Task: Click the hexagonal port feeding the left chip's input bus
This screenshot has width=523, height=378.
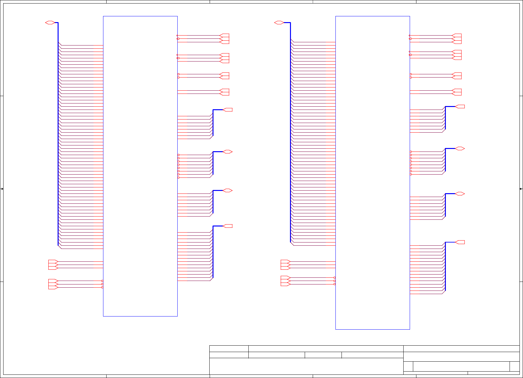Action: tap(50, 22)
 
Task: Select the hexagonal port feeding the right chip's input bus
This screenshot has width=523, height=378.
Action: tap(279, 22)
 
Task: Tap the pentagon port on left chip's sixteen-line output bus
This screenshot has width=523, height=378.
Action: tap(228, 226)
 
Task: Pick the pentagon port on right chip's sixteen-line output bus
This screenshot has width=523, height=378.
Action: tap(460, 242)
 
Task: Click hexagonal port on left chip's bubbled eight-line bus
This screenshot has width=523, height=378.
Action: tap(228, 152)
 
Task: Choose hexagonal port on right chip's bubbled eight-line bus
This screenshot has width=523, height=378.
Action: tap(460, 149)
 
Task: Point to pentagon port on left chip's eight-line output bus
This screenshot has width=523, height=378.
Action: tap(228, 110)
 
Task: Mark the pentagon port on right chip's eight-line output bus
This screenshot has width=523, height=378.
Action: tap(460, 107)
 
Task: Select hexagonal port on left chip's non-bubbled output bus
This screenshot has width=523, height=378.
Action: tap(228, 191)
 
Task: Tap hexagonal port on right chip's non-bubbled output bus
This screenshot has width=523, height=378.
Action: tap(460, 194)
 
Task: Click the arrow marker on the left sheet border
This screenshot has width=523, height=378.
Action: tap(2, 189)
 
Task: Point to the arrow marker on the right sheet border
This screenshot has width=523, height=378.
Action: tap(521, 189)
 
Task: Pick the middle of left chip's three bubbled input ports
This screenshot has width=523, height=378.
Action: tap(53, 284)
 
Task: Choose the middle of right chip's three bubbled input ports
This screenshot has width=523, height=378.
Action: tap(285, 281)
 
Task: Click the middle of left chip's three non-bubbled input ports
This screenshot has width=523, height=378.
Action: tap(53, 265)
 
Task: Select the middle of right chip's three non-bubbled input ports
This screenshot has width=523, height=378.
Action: tap(285, 265)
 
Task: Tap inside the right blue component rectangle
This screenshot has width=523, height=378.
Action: tap(373, 173)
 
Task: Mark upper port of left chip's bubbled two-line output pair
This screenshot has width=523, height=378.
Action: tap(225, 74)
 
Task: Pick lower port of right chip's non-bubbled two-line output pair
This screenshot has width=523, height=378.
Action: tap(457, 94)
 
